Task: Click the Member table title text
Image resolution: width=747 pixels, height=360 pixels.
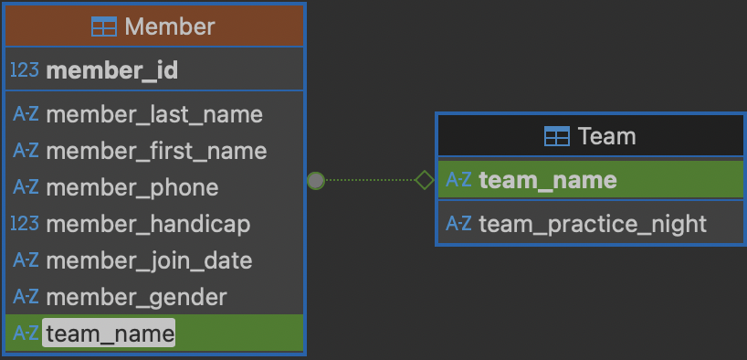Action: (169, 26)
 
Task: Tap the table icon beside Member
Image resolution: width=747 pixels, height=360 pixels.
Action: (104, 26)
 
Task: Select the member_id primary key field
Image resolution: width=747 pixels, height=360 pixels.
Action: (111, 70)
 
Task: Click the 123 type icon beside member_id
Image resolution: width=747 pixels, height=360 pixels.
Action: (25, 70)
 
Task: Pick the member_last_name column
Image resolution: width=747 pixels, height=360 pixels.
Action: (153, 114)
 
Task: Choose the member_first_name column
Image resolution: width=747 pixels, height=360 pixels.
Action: (155, 151)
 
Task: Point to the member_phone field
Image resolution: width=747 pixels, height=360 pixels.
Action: (132, 187)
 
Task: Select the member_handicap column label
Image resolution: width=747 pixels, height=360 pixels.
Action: (147, 224)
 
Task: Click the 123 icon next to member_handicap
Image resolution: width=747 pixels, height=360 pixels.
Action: (25, 224)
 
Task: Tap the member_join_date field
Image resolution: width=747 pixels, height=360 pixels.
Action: (148, 260)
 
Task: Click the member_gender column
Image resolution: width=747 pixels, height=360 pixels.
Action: (136, 297)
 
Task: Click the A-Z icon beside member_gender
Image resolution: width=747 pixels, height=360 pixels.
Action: (26, 297)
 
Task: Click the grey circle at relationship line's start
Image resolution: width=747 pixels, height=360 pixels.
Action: (316, 181)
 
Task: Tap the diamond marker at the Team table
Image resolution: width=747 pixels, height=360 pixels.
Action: (424, 181)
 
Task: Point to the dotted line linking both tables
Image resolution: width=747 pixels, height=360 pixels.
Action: (370, 181)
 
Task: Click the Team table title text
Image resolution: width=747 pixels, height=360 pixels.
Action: (606, 137)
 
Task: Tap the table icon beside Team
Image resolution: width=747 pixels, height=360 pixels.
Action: (556, 137)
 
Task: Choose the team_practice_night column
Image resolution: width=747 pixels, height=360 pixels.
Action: (592, 224)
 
